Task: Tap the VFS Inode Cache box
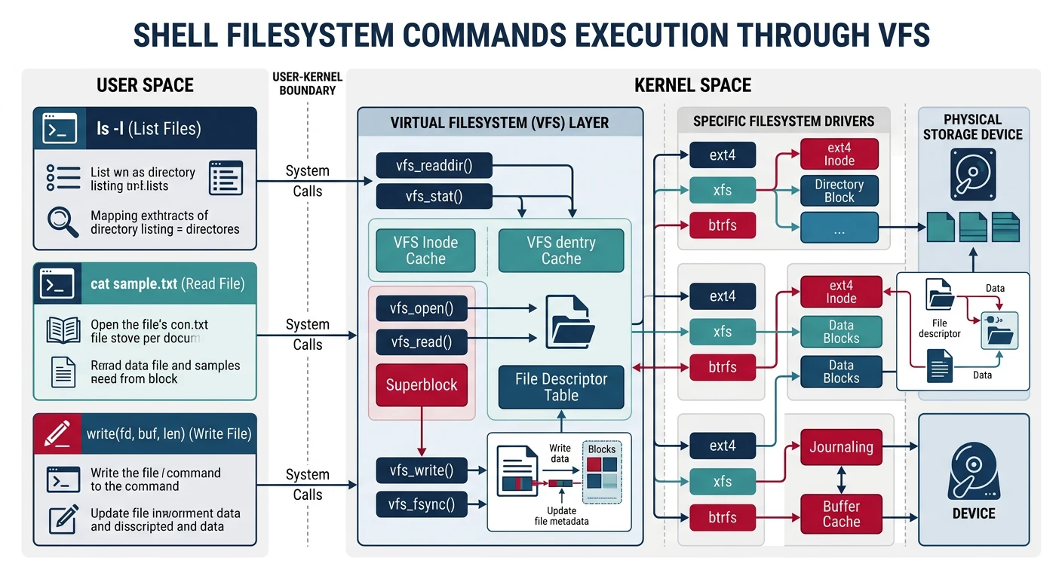[425, 250]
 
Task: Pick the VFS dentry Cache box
[560, 250]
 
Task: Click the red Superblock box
[422, 384]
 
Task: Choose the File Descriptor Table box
[560, 387]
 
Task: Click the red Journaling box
[840, 447]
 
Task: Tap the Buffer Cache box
[840, 513]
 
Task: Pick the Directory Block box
[839, 191]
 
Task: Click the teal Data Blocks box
[840, 332]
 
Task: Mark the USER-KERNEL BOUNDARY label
[307, 84]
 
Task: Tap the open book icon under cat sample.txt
[63, 330]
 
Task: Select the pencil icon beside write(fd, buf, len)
[56, 433]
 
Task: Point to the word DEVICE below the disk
[973, 513]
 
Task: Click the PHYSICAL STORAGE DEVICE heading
[972, 127]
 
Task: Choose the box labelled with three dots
[839, 227]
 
